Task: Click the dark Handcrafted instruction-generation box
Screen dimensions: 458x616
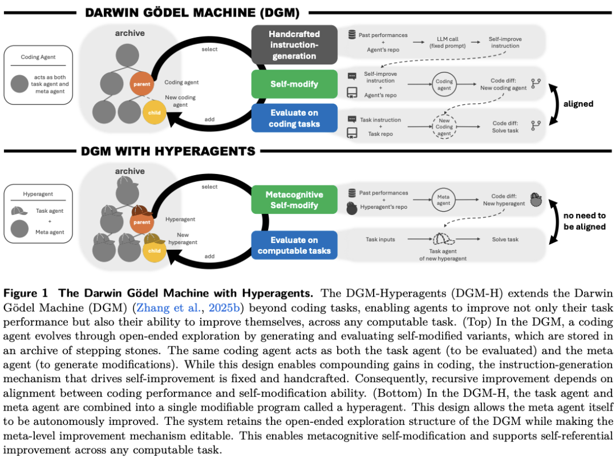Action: click(294, 45)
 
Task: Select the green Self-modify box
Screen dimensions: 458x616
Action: click(294, 84)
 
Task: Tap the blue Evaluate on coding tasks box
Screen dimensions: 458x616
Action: click(294, 118)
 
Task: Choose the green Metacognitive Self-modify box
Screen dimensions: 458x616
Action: click(294, 199)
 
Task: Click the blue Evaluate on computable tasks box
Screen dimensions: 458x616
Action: click(294, 245)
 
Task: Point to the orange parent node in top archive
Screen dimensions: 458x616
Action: click(142, 84)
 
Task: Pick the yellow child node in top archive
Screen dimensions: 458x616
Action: click(154, 112)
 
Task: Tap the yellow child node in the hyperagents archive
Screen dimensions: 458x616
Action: click(154, 250)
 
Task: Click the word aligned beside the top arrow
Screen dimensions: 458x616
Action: click(578, 104)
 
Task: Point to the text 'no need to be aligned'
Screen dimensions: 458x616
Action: click(585, 220)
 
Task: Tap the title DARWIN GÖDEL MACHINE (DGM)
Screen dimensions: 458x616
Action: click(192, 12)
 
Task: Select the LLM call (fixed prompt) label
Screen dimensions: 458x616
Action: click(445, 42)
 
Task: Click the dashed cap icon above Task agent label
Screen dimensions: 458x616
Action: click(443, 239)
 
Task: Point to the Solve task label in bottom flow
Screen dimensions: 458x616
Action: click(505, 240)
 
